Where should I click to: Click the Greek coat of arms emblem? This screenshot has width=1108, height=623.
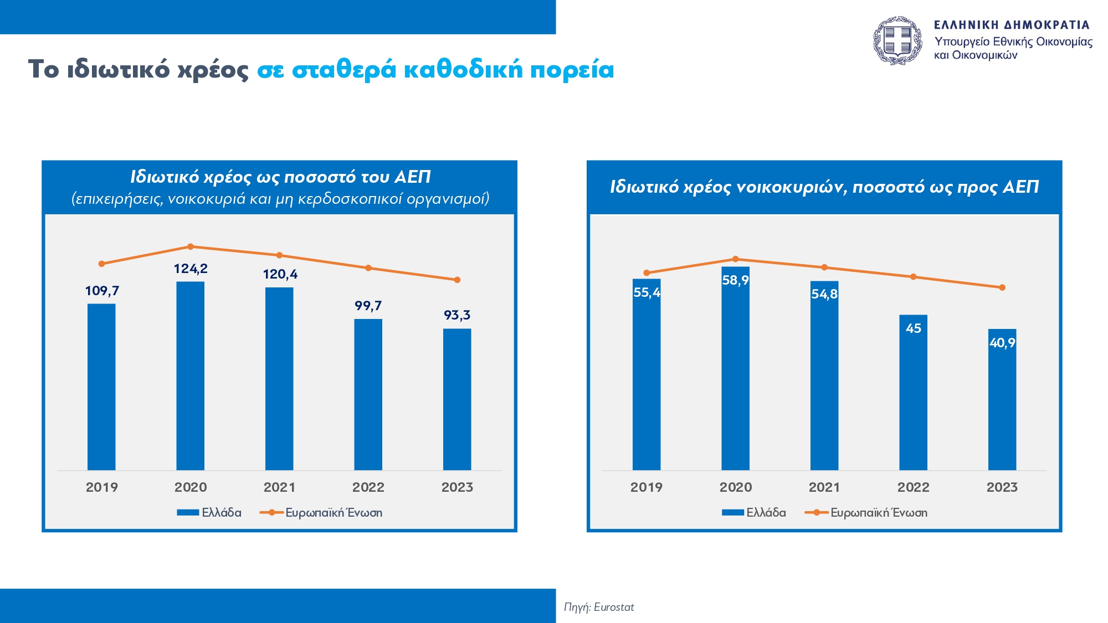[897, 40]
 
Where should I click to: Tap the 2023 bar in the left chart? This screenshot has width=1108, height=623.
[457, 399]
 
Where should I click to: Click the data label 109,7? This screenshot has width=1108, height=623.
[102, 291]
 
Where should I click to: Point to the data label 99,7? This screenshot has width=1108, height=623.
[368, 306]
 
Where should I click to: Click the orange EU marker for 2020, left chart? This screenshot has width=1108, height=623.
[190, 246]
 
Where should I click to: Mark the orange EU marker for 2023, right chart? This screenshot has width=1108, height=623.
[1002, 287]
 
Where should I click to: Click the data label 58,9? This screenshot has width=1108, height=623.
[735, 280]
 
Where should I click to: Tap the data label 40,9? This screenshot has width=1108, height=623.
[1002, 343]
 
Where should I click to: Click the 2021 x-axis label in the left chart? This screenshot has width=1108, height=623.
[279, 487]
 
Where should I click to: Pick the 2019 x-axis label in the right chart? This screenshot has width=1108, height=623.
[646, 487]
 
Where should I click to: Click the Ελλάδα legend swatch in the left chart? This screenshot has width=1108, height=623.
[188, 513]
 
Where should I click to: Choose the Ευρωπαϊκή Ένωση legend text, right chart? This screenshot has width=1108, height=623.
[879, 513]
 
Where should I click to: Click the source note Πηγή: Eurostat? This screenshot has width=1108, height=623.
[599, 607]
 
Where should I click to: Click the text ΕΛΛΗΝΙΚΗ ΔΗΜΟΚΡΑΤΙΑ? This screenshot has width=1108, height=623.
[1012, 25]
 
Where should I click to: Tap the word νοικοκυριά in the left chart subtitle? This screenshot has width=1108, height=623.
[206, 199]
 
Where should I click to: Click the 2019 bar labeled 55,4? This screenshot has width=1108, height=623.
[647, 382]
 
